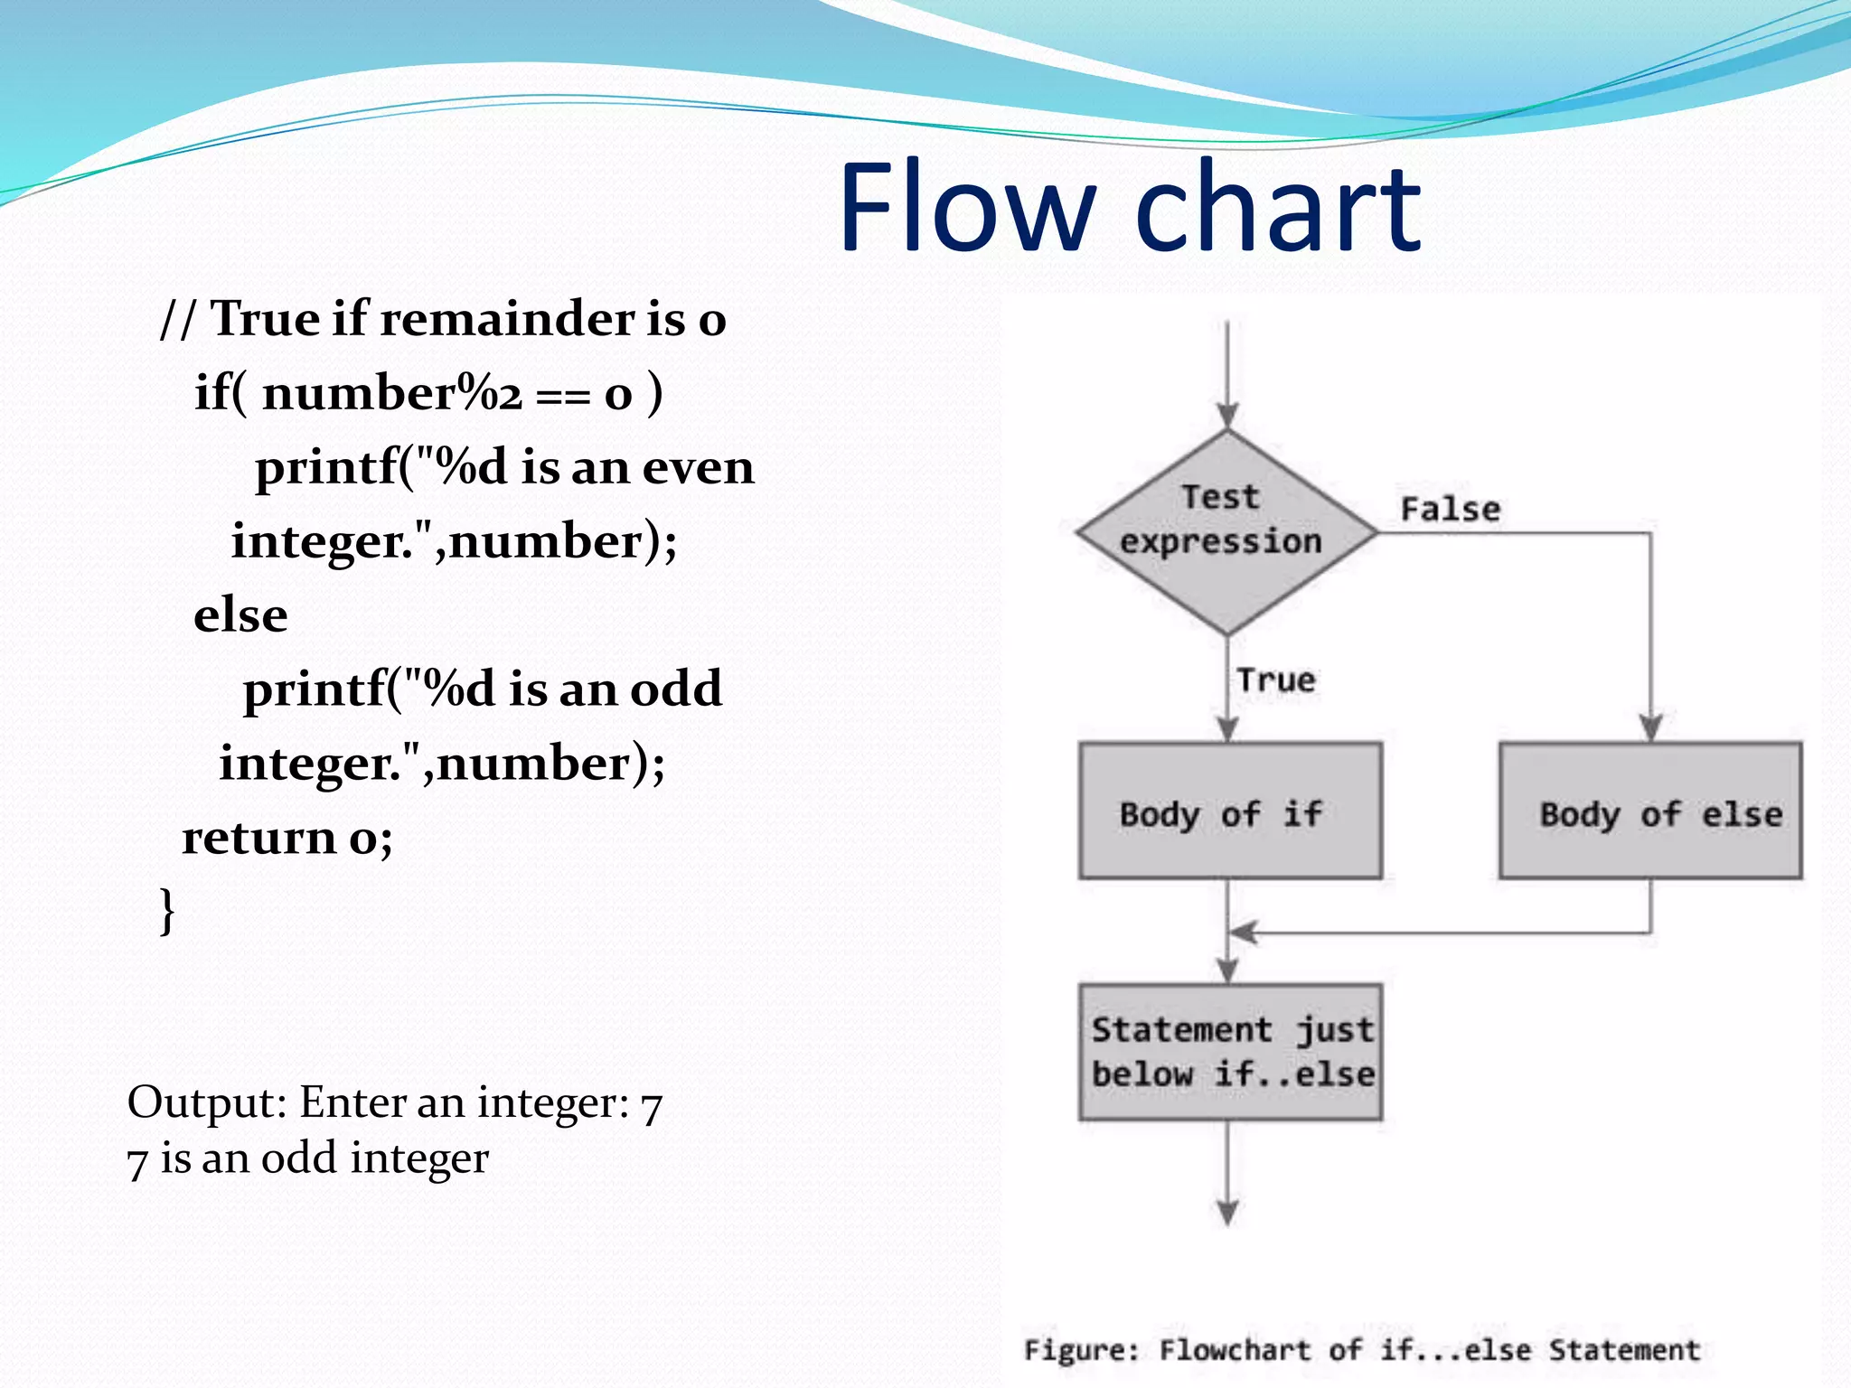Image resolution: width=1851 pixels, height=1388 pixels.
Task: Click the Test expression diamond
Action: tap(1226, 531)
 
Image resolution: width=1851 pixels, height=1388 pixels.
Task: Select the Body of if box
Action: tap(1229, 811)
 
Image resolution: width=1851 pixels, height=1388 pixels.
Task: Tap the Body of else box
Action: tap(1650, 811)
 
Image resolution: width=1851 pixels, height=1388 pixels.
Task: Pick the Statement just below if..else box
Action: tap(1230, 1052)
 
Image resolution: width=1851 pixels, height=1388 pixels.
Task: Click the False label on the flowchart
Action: tap(1450, 510)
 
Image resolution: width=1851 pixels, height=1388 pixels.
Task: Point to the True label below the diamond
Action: tap(1276, 680)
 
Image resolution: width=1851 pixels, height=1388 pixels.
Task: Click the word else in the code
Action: tap(240, 615)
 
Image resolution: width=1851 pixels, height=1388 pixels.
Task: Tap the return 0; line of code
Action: tap(287, 837)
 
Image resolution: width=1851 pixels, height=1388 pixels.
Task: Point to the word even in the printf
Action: tap(698, 467)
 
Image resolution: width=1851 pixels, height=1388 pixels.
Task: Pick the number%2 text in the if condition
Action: tap(392, 393)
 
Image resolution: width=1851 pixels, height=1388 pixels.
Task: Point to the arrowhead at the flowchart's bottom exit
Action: tap(1227, 1212)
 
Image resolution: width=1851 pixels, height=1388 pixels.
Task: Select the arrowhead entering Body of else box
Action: tap(1650, 728)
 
